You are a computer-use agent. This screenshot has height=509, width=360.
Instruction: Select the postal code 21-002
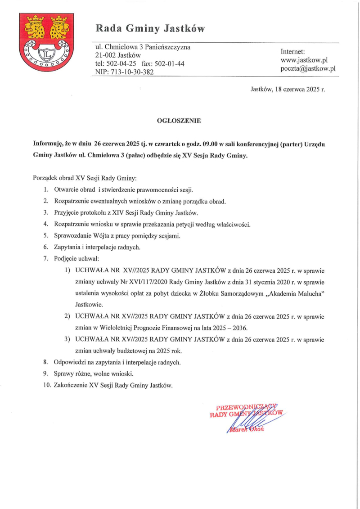pos(106,55)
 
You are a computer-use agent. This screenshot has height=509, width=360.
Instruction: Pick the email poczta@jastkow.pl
pos(308,68)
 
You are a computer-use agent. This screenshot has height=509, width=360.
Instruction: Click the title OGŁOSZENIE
pos(179,121)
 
